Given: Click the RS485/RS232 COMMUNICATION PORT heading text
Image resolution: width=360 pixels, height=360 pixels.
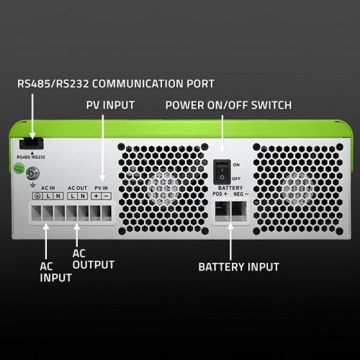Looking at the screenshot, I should [x=115, y=83].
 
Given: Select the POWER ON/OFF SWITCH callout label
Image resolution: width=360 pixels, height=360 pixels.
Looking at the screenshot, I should [x=228, y=105].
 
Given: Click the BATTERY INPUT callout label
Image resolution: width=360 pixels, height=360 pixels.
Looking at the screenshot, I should [x=239, y=267].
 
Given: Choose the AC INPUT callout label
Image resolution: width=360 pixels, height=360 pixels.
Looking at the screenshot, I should [x=55, y=271].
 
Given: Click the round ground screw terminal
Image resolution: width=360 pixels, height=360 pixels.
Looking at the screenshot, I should [x=32, y=174].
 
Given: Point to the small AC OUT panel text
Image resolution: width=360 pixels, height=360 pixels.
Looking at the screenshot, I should [x=77, y=188].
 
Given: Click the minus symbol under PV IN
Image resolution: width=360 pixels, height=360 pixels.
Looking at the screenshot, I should [x=107, y=196].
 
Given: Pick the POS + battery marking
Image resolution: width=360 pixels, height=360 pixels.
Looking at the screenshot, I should [x=220, y=194].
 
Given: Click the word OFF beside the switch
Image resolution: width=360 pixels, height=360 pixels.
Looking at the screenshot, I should [x=235, y=177].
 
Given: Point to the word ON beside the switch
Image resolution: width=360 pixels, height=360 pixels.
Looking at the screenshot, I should [x=235, y=165].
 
